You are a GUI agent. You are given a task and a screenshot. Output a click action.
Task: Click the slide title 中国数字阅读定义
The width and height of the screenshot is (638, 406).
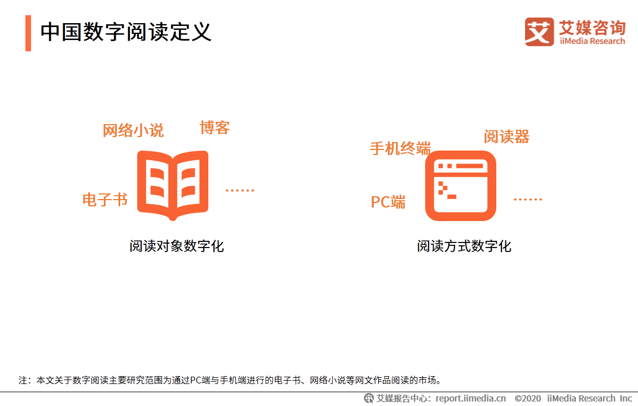(126, 32)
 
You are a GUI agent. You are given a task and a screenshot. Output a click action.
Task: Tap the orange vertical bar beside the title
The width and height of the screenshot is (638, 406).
(28, 33)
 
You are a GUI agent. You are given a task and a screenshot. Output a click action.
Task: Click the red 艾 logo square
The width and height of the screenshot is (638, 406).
(539, 32)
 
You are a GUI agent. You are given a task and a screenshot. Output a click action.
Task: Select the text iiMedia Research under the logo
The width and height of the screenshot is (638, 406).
(592, 41)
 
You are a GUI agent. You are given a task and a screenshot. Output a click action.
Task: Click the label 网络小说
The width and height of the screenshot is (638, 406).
(133, 130)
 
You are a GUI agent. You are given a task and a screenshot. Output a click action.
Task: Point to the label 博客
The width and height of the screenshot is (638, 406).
(215, 127)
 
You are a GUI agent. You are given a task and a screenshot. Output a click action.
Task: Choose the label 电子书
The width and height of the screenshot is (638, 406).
(105, 200)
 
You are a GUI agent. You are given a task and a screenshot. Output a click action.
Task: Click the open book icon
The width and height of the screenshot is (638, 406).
(173, 186)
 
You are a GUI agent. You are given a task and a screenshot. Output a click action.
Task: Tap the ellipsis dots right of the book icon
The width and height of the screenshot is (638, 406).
(239, 190)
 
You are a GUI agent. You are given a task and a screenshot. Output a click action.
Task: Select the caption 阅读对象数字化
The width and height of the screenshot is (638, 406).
(177, 246)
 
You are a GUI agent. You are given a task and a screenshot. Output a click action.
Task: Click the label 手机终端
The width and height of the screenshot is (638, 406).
(400, 148)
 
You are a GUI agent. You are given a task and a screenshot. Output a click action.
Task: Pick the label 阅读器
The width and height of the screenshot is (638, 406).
(506, 137)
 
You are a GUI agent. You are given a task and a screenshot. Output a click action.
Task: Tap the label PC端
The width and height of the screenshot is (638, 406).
(388, 202)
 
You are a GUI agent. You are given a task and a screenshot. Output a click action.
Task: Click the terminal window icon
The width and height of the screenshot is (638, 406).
(461, 186)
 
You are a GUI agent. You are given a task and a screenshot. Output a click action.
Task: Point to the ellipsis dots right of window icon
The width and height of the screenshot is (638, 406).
(528, 199)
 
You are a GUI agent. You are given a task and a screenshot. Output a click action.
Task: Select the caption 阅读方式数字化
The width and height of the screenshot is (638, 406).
(464, 246)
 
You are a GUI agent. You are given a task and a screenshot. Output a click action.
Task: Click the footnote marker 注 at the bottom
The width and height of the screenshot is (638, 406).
(23, 380)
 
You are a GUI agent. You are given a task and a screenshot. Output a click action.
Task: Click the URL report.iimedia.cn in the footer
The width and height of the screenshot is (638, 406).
(471, 398)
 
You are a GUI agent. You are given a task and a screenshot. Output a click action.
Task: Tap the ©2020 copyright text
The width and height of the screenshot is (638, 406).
(528, 398)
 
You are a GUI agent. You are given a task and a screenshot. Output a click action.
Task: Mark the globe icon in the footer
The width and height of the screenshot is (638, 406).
(369, 398)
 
